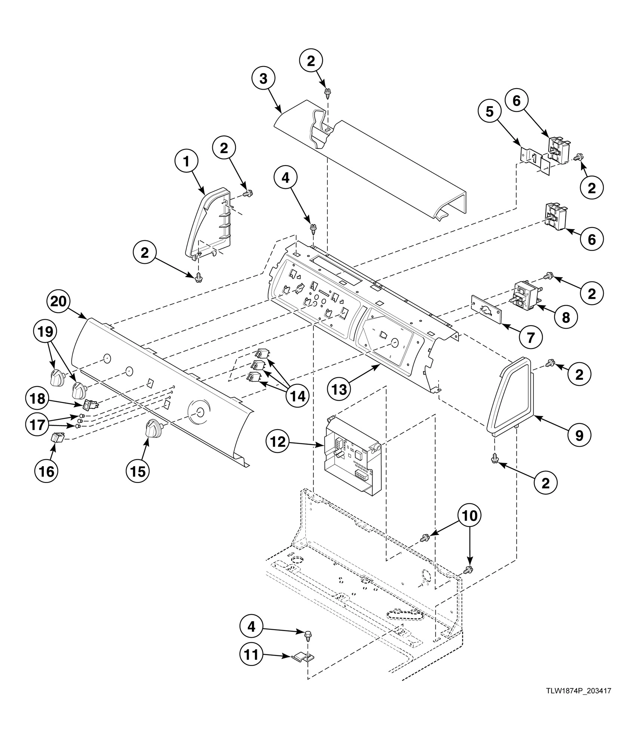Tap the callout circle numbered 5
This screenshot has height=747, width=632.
(x=490, y=111)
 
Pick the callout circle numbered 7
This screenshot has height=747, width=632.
(x=530, y=338)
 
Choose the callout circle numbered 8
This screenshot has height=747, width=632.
(x=566, y=317)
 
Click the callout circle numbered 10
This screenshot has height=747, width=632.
(x=470, y=516)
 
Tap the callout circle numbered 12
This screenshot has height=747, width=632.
(x=277, y=442)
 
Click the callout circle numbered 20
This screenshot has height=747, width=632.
(x=58, y=302)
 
